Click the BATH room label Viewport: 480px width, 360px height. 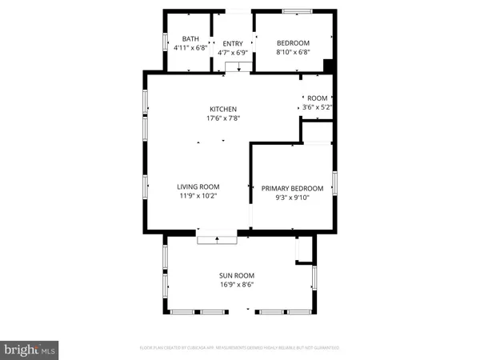point(190,38)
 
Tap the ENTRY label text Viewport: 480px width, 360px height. point(232,44)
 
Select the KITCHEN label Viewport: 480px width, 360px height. point(223,109)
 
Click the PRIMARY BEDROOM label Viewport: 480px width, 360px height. point(292,189)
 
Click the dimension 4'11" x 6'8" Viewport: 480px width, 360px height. point(190,48)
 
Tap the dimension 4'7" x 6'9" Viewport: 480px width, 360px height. point(232,54)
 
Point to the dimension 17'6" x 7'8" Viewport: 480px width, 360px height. point(223,118)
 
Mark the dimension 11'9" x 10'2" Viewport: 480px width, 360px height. point(198,196)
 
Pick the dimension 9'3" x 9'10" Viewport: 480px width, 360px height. point(292,198)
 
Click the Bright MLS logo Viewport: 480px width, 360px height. point(30,349)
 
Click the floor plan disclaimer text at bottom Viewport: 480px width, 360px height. point(240,349)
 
